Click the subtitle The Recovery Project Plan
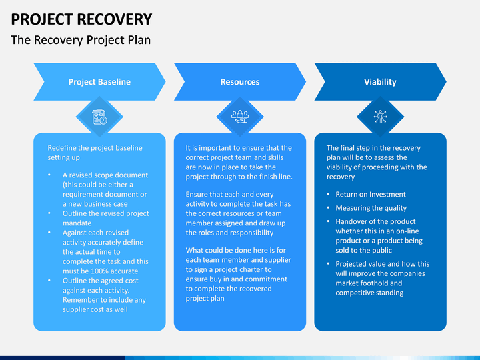pyautogui.click(x=81, y=40)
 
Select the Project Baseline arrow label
pyautogui.click(x=99, y=82)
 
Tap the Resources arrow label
pyautogui.click(x=240, y=82)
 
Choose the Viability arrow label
pyautogui.click(x=380, y=82)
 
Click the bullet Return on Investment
pyautogui.click(x=371, y=195)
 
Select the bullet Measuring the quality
pyautogui.click(x=371, y=208)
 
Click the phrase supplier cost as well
pyautogui.click(x=95, y=309)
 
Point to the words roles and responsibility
pyautogui.click(x=230, y=233)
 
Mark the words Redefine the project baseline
pyautogui.click(x=95, y=148)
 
